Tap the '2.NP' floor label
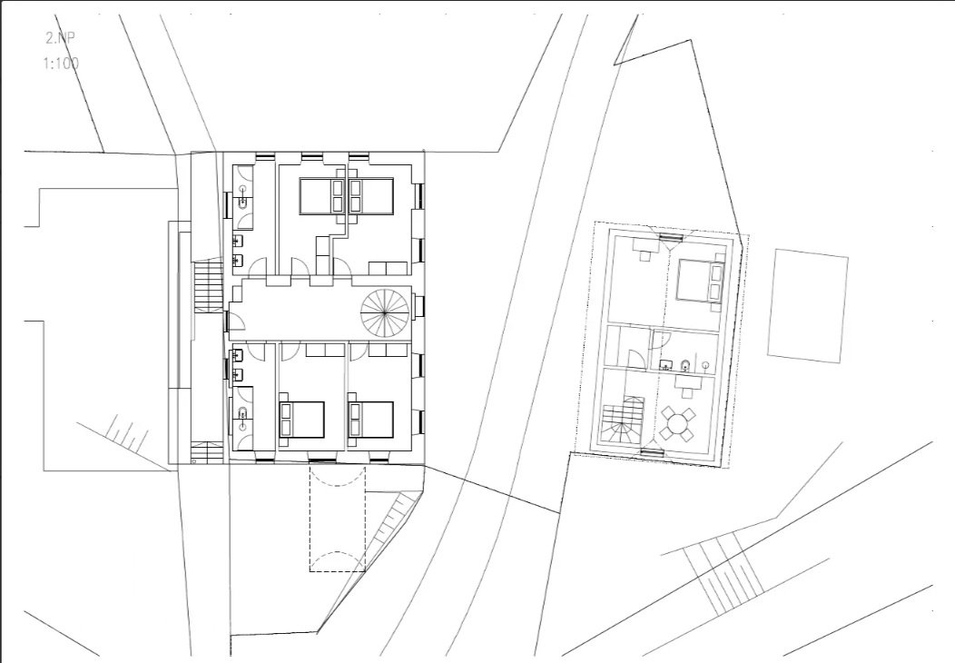click(61, 38)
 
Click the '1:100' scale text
click(61, 63)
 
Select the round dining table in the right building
click(677, 423)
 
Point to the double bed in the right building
click(700, 279)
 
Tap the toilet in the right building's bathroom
click(684, 365)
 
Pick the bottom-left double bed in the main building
click(301, 420)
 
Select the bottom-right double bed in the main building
click(370, 420)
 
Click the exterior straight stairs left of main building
click(209, 286)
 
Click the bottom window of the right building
click(653, 451)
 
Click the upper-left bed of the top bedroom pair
click(323, 196)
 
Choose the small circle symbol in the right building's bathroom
click(706, 366)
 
